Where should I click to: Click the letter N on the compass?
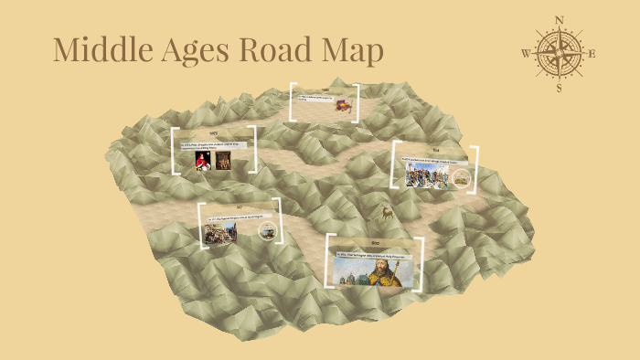(x=560, y=19)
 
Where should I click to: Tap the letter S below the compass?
(x=560, y=89)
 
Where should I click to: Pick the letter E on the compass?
(x=592, y=54)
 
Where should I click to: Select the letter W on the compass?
(x=526, y=54)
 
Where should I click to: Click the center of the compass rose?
(x=560, y=54)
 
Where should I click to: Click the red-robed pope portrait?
(x=202, y=159)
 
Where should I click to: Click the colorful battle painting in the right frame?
(x=427, y=175)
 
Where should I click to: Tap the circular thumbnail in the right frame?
(x=462, y=178)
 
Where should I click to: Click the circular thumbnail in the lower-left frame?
(x=269, y=232)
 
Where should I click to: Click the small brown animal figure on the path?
(x=387, y=213)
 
